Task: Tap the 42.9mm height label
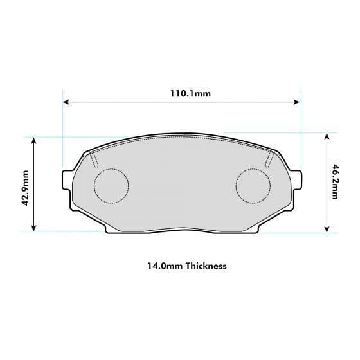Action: pos(26,186)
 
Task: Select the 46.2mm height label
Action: pos(335,183)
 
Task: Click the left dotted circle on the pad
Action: pos(111,186)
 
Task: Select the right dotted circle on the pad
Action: pos(253,186)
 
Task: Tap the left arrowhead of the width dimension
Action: pos(66,102)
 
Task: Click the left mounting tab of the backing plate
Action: pos(66,179)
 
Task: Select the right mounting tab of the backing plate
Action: pos(297,179)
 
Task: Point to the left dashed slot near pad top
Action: pos(94,157)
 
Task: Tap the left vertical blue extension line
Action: pos(62,129)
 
